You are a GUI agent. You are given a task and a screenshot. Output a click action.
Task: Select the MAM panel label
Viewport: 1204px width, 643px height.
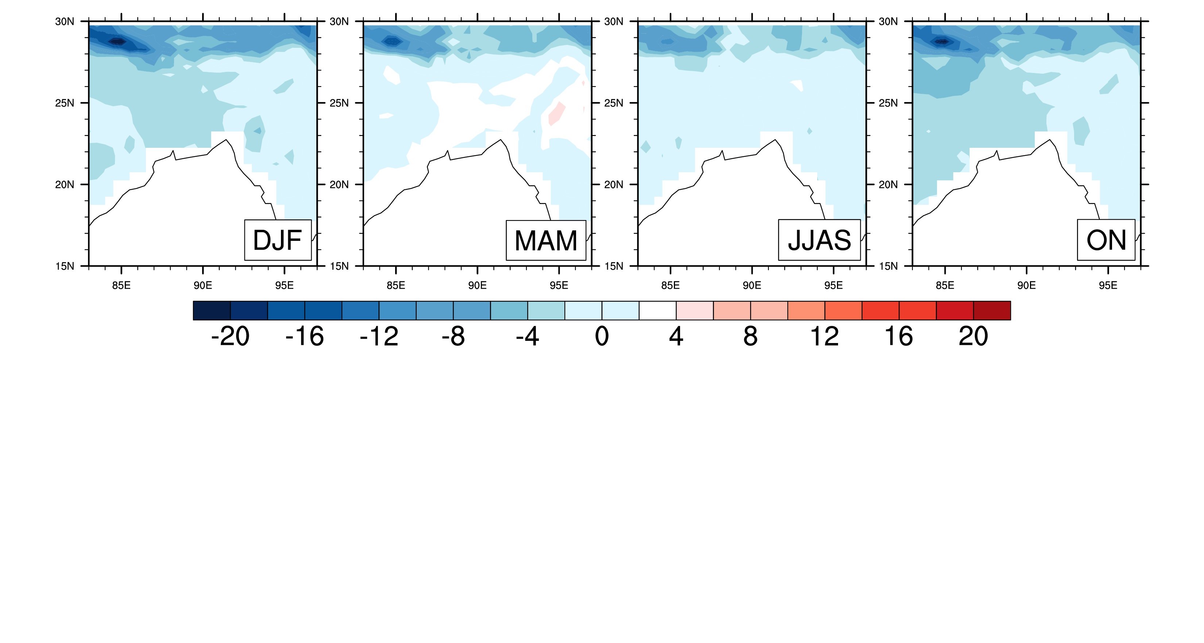(x=545, y=240)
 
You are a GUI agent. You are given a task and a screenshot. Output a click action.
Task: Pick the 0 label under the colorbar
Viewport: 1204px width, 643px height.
(x=602, y=336)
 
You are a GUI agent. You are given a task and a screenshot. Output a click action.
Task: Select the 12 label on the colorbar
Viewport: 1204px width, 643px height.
(x=824, y=336)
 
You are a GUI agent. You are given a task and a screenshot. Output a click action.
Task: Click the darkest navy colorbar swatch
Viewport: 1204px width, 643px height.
(x=212, y=311)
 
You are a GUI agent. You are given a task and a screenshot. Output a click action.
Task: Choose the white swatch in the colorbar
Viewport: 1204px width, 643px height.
(x=657, y=311)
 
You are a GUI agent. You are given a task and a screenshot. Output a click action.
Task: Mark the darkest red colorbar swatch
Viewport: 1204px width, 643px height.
(x=992, y=311)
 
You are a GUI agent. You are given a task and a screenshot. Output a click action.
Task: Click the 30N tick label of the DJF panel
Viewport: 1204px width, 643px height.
(x=65, y=22)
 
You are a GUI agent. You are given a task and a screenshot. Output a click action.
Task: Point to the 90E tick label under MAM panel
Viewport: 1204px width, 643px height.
(x=477, y=286)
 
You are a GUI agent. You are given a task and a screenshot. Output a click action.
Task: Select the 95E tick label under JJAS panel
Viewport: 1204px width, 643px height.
(x=833, y=286)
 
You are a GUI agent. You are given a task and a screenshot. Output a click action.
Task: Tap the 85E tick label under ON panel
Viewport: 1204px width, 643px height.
(x=945, y=286)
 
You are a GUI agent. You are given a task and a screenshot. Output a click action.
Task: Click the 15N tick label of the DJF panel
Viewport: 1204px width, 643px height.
(x=65, y=266)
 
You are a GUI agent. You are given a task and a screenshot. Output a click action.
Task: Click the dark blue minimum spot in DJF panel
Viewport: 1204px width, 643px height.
(x=117, y=42)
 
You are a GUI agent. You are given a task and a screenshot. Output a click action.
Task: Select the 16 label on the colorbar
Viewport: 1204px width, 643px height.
(x=898, y=336)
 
